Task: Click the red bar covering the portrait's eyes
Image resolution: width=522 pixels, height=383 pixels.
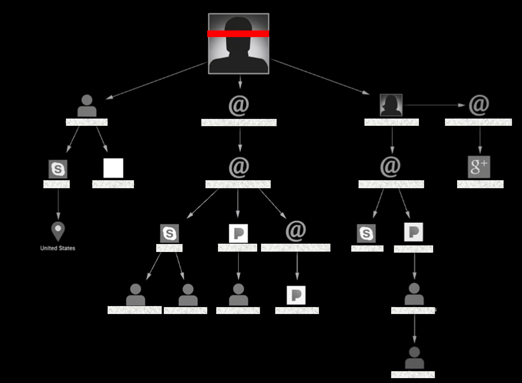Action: pos(238,34)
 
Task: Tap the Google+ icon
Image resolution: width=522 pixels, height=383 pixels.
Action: pos(479,167)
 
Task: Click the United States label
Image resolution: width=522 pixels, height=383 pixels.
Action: pos(58,248)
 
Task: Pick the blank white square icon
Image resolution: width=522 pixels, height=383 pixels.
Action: pos(113,168)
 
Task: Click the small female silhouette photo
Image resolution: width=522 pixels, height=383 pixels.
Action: pos(391,105)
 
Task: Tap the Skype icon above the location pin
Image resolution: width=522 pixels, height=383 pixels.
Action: pos(58,169)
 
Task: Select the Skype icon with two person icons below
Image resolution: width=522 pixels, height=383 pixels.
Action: pos(169,233)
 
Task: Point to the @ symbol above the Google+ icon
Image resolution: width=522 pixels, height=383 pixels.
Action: pos(479,105)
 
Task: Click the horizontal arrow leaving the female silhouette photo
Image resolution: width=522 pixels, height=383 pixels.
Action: pos(434,105)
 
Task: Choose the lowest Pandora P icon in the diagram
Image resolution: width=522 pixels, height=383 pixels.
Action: pos(296,295)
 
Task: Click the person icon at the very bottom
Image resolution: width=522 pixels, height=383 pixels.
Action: pos(414,358)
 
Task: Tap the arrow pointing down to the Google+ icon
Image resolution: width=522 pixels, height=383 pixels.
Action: pos(480,140)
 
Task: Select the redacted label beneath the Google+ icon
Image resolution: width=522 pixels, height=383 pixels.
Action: pos(480,184)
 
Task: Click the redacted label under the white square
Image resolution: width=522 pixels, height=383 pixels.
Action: pos(113,184)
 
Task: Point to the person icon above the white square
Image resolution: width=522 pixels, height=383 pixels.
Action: pos(87,106)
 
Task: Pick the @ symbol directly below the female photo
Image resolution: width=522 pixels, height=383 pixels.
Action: pos(390,167)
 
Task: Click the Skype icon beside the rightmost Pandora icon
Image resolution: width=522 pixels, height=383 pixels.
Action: pos(366,233)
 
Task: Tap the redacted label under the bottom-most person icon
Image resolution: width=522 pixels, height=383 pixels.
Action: pos(413,375)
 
